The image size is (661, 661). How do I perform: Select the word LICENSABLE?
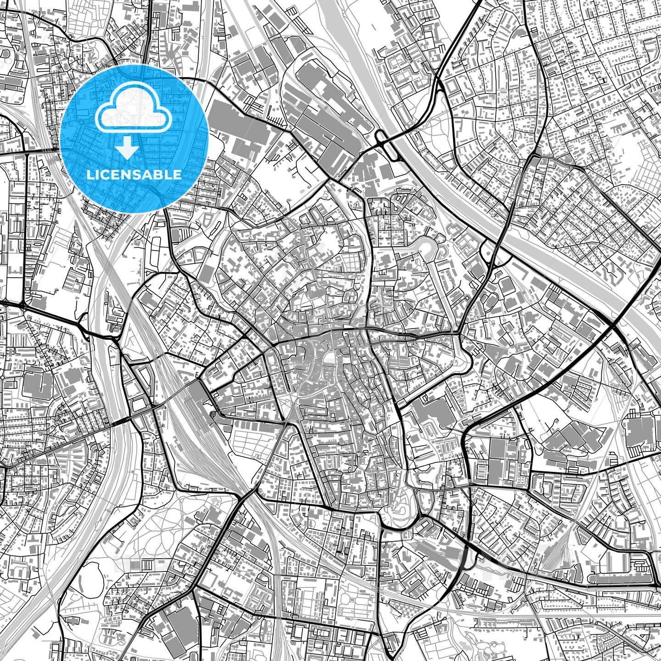tap(134, 174)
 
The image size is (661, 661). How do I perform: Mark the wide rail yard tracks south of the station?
tap(193, 441)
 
